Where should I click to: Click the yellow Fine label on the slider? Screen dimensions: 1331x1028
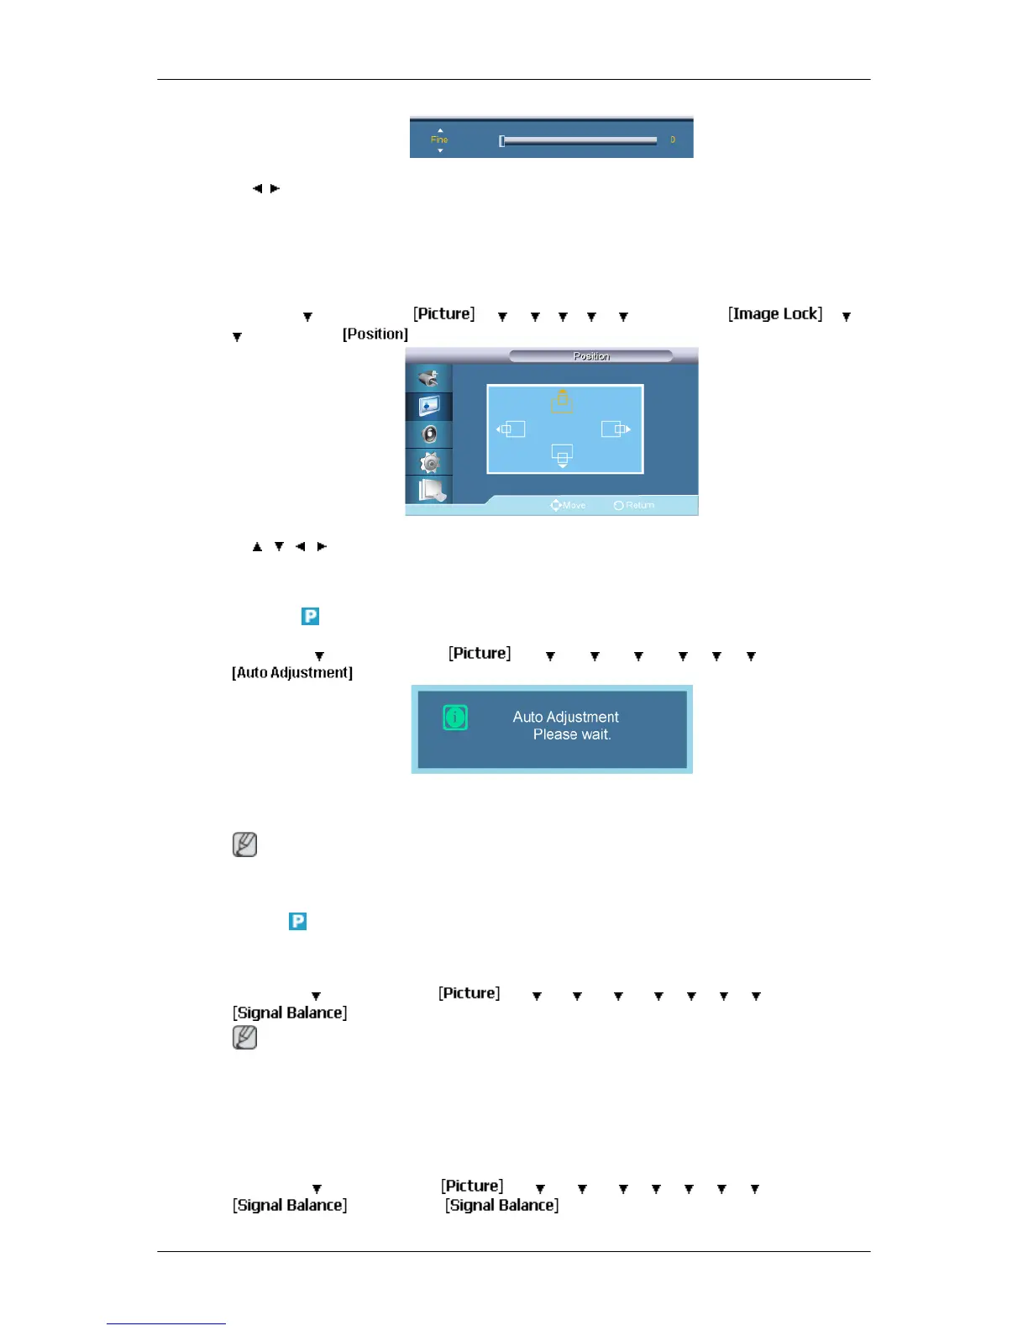click(x=439, y=139)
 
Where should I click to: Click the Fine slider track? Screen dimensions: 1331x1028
click(x=578, y=140)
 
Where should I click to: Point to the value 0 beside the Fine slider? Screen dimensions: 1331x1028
click(x=673, y=139)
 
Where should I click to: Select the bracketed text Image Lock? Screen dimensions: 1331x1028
click(x=775, y=313)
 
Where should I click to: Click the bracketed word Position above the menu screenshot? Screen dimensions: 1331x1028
click(x=375, y=334)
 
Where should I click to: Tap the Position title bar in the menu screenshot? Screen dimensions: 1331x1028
click(x=591, y=356)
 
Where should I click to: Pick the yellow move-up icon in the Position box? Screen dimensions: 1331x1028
click(x=562, y=402)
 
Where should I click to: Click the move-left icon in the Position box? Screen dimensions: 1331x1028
click(x=511, y=429)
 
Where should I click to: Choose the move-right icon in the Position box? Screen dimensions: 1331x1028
click(x=616, y=429)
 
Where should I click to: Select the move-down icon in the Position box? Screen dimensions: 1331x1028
click(x=562, y=455)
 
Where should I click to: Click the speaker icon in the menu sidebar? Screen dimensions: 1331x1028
click(x=430, y=434)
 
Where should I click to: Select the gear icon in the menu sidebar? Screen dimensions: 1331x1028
click(x=430, y=462)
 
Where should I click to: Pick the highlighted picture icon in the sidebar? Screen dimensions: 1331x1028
click(x=429, y=407)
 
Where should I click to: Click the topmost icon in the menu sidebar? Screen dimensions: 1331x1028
click(x=429, y=378)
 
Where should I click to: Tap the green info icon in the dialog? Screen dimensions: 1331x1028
click(x=455, y=718)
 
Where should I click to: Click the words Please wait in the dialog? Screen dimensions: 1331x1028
click(x=572, y=734)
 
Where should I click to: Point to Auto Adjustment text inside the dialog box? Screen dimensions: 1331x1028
click(x=565, y=717)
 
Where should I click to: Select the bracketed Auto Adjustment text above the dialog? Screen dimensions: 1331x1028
click(x=292, y=672)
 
